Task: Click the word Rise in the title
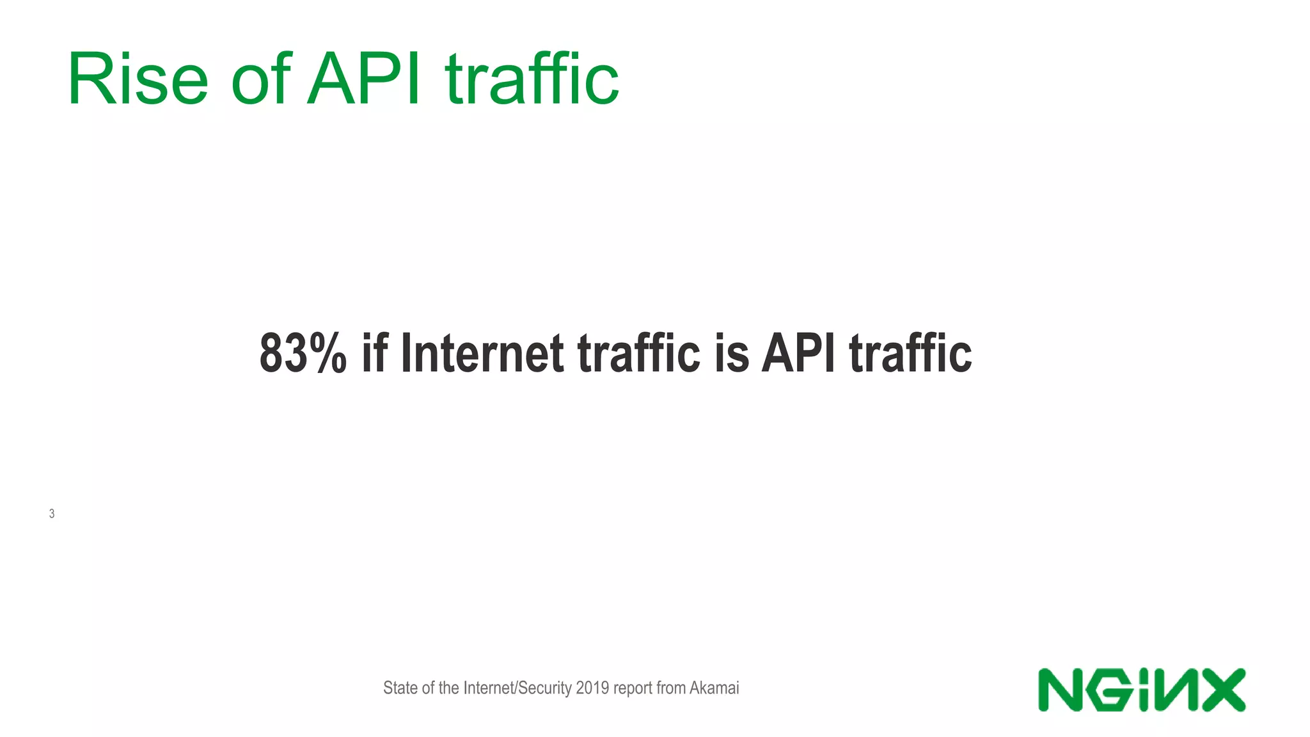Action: coord(138,79)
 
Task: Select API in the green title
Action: coord(364,79)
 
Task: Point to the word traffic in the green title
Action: coord(532,79)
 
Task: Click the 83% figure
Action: coord(303,353)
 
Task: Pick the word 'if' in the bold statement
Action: coord(375,353)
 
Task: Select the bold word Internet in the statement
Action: coord(482,353)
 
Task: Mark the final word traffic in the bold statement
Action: coord(911,353)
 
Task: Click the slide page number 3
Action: coord(52,514)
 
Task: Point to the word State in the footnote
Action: coord(401,688)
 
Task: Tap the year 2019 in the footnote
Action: coord(592,688)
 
